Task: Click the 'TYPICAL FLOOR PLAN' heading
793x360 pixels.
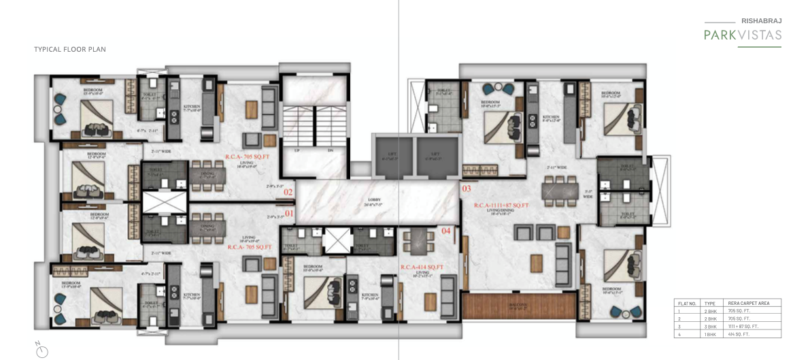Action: (70, 50)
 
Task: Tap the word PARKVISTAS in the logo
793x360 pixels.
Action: (743, 35)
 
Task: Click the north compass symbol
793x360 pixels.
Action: (42, 350)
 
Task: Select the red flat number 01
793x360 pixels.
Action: (288, 213)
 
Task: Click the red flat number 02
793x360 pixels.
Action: (288, 193)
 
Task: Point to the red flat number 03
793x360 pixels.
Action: (467, 189)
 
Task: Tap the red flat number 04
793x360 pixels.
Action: (446, 231)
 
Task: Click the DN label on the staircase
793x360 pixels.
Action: (331, 150)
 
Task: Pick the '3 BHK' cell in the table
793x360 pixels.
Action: (709, 327)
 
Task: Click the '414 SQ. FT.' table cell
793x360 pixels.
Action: (739, 335)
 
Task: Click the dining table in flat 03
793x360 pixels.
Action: (562, 186)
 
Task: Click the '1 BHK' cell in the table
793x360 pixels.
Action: (709, 335)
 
